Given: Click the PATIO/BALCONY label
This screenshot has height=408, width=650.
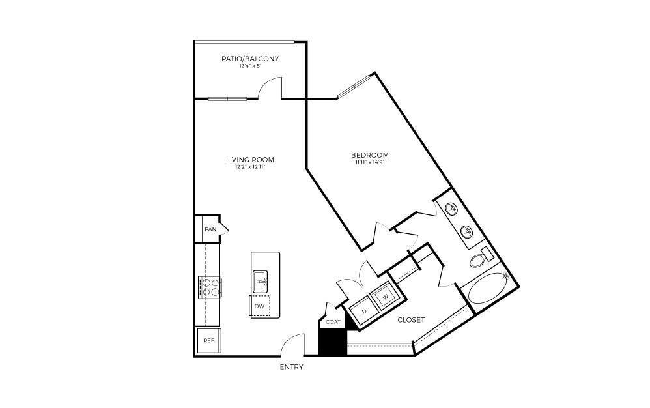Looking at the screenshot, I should point(250,59).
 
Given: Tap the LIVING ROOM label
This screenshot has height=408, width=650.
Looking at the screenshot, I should point(250,160).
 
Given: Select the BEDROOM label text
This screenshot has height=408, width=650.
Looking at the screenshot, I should point(369,155).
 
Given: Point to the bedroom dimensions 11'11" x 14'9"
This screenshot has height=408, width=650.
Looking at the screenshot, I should point(369,162).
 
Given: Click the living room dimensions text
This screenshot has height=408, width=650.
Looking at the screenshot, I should point(250,167).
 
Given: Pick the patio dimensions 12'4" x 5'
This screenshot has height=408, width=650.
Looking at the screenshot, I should point(250,66).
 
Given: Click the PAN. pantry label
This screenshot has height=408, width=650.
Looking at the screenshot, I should point(210,229).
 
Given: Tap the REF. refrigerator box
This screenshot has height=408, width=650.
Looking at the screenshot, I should point(208,340).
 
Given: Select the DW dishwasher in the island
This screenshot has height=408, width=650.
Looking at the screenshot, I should point(259,306).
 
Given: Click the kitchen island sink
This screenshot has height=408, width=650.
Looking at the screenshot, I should point(261,282).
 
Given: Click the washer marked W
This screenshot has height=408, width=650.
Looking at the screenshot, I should point(384,297).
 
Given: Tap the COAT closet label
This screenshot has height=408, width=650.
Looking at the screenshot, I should point(333,321).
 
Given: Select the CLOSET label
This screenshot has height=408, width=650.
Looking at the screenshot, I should point(410,320).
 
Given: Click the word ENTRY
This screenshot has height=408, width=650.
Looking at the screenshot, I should point(291,367).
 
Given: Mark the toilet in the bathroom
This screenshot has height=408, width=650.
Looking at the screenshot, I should point(480,259).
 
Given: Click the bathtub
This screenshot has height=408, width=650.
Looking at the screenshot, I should point(485,289).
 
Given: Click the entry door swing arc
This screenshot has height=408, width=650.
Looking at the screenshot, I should point(294,343).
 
